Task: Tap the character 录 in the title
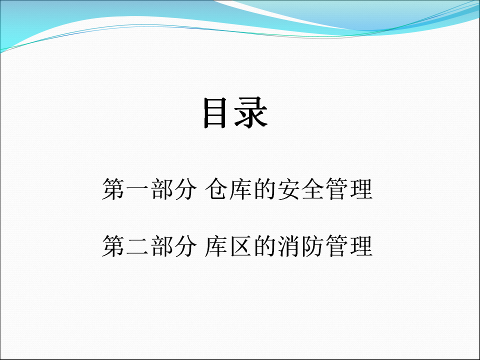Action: [x=251, y=112]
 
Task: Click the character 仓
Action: [x=216, y=189]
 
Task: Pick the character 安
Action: [x=288, y=189]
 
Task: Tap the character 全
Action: [x=313, y=189]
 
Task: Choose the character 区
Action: [x=241, y=246]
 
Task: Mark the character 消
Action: [x=288, y=246]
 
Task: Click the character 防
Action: [x=313, y=246]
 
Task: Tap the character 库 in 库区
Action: [x=216, y=246]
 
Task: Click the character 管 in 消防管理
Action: [x=337, y=246]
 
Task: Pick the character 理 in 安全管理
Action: [x=361, y=189]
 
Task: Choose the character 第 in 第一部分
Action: [x=113, y=189]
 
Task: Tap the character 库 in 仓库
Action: [x=241, y=189]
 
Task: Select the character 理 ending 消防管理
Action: [x=361, y=246]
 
